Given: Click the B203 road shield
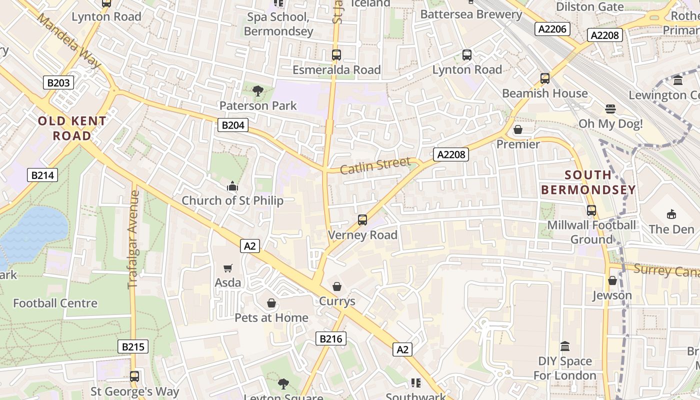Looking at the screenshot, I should pos(58,82).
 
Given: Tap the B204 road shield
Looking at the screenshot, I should pos(233,125).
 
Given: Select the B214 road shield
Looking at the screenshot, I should pos(43,175).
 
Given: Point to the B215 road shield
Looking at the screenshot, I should pos(133,346).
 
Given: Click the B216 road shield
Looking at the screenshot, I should pos(331,339).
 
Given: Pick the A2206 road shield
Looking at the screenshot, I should pos(552,29).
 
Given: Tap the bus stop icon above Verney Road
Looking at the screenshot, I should pos(362,220).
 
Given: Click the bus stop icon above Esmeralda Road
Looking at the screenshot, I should pos(336,54).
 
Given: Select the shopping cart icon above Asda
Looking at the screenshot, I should pos(228,268).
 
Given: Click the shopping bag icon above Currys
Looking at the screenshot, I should pos(337,286).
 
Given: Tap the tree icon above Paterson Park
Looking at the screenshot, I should pos(258,90).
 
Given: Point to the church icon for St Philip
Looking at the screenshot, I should pos(232,186).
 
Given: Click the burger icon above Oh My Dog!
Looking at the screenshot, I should pos(610,108).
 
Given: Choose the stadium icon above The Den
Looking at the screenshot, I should pos(671,214).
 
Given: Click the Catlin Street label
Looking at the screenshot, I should pos(375,165).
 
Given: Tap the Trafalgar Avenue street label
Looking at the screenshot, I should pos(133,239).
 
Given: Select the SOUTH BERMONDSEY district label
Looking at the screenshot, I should pos(588,182).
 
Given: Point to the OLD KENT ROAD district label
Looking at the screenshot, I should pos(72,128).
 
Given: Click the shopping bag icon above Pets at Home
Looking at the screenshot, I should pos(271,303).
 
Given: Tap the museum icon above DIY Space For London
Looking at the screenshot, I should pos(565,346).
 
